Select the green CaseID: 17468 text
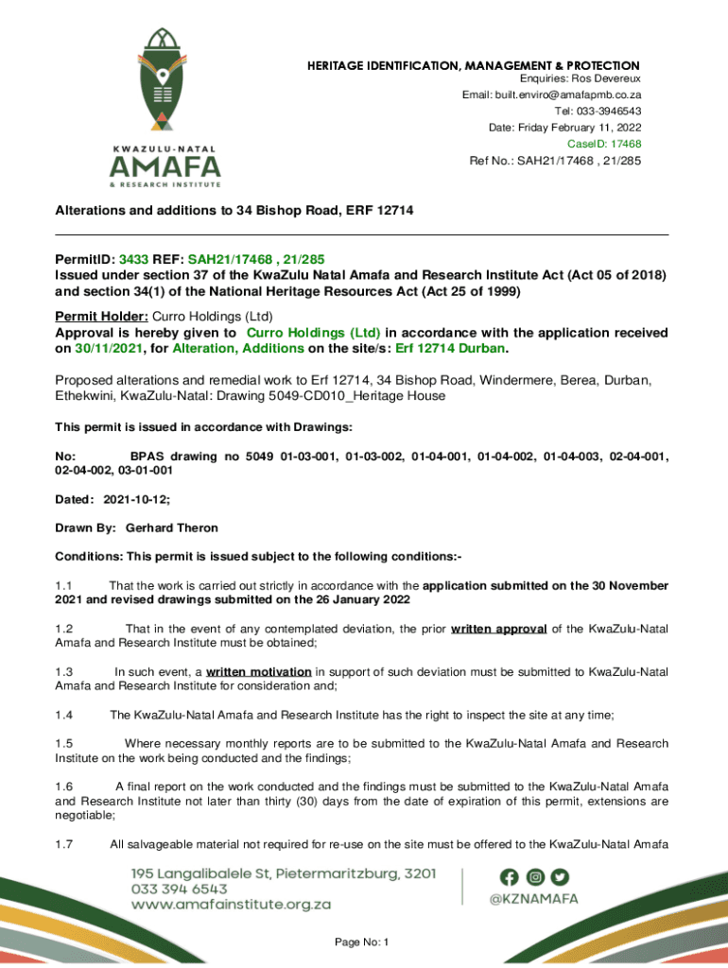604,144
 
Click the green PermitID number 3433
133,258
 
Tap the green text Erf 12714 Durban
449,349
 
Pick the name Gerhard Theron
172,527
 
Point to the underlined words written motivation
260,672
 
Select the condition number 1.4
64,716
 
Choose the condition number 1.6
64,786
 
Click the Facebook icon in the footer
510,876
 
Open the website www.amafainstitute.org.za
231,905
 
